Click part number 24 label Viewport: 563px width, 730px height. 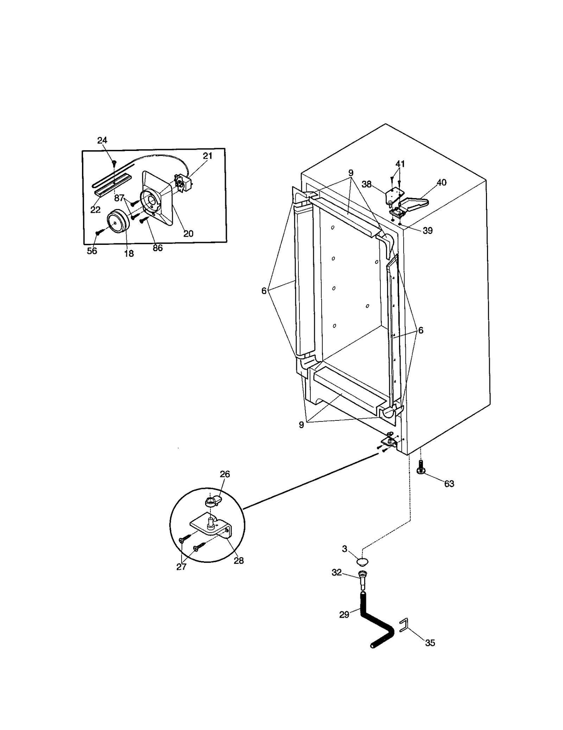(102, 140)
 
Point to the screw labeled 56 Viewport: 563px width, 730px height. (98, 233)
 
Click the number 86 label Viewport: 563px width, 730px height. (158, 248)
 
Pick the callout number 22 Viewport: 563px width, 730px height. (95, 210)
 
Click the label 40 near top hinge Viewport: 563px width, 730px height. (441, 183)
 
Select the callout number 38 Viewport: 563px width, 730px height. (367, 184)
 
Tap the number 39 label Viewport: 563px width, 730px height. (428, 231)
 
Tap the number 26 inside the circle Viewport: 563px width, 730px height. (225, 474)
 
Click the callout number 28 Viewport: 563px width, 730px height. (239, 561)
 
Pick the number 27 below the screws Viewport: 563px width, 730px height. (181, 567)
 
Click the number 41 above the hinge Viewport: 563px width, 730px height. (400, 164)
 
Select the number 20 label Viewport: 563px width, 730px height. (189, 234)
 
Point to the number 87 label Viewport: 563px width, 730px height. (119, 198)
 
